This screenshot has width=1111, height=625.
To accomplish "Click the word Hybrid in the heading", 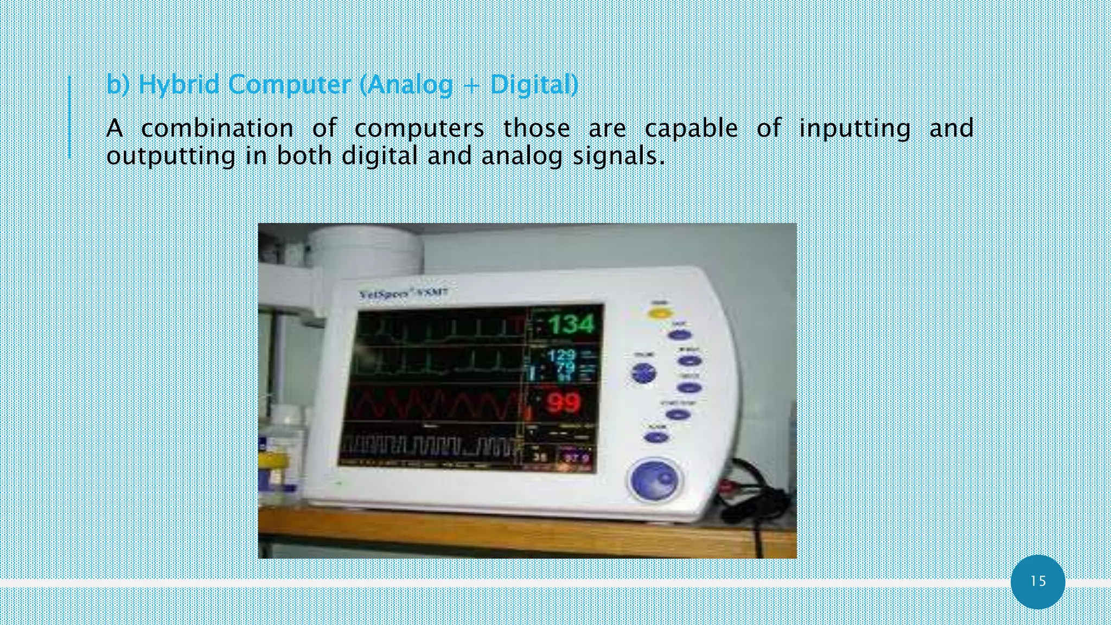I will coord(178,85).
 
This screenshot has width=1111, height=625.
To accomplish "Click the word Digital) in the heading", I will coord(534,85).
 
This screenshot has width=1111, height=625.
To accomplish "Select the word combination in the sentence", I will coord(217,129).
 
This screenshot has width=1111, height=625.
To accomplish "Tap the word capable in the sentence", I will coord(691,129).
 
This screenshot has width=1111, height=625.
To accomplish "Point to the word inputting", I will coord(854,129).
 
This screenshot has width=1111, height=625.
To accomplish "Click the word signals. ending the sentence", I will coord(618,156).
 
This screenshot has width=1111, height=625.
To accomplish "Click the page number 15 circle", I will coord(1038,582).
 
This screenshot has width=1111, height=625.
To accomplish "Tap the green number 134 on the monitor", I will coord(571,324).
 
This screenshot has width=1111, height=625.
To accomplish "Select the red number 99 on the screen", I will coord(564,403).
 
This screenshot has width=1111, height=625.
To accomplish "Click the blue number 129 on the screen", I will coord(561,356).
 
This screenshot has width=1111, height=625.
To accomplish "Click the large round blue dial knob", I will coord(655,480).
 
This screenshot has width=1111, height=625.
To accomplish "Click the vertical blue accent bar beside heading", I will coord(69,117).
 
